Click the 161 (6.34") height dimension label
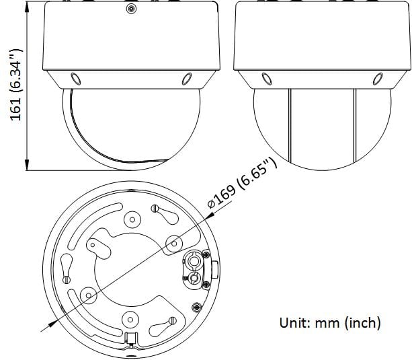tap(15, 85)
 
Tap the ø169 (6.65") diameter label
tap(242, 182)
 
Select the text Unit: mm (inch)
tap(330, 322)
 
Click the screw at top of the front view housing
tap(131, 9)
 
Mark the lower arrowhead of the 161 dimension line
tap(27, 164)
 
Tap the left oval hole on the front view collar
tap(76, 79)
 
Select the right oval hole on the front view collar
tap(187, 79)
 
